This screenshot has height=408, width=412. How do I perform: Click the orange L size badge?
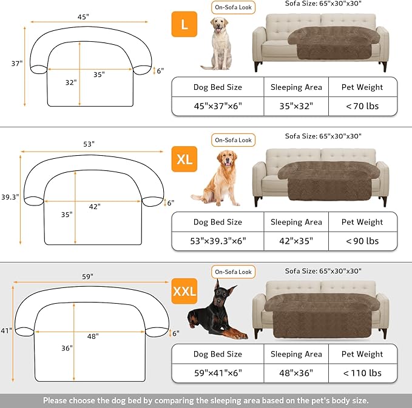tap(184, 25)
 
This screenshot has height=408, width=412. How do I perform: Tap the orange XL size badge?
tap(184, 159)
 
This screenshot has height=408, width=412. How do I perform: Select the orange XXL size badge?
tap(184, 291)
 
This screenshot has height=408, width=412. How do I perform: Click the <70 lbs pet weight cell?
tap(363, 106)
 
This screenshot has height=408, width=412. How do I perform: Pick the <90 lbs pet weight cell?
tap(363, 241)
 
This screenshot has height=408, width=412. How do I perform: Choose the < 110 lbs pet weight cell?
tap(363, 373)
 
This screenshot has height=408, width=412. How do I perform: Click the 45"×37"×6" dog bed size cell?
tap(218, 106)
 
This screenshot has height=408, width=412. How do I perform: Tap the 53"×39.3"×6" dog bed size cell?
tap(218, 241)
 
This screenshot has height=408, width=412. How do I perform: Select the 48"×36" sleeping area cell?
tap(296, 373)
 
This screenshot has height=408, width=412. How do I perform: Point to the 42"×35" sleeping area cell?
tap(296, 241)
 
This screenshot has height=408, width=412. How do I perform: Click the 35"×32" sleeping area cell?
tap(296, 106)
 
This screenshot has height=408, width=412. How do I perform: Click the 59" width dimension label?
tap(89, 276)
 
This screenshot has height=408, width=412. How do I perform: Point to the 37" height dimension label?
tap(8, 63)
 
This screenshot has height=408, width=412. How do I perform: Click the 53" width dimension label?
tap(89, 144)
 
